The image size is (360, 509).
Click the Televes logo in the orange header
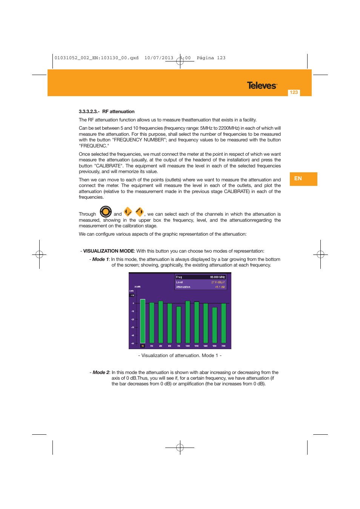point(262,86)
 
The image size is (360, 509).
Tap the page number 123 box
point(294,92)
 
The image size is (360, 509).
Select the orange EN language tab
point(303,179)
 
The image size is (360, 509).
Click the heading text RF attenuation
point(118,112)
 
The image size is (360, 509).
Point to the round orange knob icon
point(106,212)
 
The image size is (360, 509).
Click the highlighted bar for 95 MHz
point(143,321)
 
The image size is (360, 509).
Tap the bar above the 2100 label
point(223,323)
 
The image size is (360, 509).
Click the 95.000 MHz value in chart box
point(217,277)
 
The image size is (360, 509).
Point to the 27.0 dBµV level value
point(218,282)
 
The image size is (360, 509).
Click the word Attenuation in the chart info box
point(183,287)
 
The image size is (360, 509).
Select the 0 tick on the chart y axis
point(133,303)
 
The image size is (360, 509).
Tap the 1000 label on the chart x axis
point(188,346)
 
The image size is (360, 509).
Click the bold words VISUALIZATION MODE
point(109,251)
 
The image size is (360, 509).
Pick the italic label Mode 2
point(101,373)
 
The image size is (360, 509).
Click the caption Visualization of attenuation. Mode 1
point(180,356)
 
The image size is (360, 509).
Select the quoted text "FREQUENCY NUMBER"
point(139,140)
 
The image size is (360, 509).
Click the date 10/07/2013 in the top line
point(159,58)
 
